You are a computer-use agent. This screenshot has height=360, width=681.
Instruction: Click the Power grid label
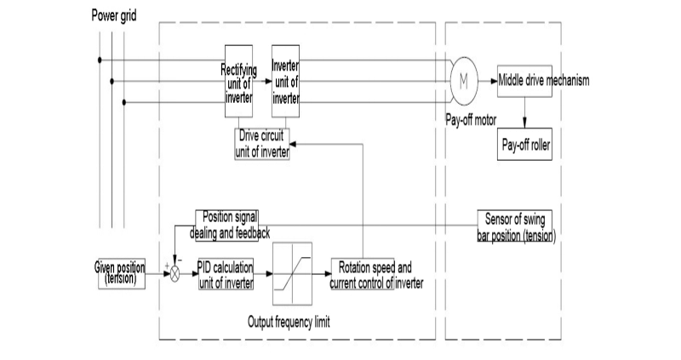[x=114, y=15]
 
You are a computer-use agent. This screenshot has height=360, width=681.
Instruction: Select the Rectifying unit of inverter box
[x=238, y=81]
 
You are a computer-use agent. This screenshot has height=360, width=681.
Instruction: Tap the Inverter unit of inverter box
[x=285, y=81]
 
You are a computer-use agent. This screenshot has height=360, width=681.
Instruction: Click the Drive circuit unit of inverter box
[x=262, y=144]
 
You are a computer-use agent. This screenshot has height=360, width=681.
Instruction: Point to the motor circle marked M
[x=464, y=81]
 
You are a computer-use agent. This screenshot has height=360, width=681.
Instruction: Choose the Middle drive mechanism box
[x=524, y=81]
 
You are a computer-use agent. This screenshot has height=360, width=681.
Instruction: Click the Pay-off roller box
[x=524, y=144]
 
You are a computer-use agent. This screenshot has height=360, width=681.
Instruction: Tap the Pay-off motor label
[x=471, y=120]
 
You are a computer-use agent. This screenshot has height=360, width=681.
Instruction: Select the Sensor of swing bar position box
[x=515, y=226]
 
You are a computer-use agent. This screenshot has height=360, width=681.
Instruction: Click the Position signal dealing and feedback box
[x=226, y=226]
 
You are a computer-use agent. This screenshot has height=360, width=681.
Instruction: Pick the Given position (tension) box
[x=122, y=273]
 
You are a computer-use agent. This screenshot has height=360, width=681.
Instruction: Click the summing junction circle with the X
[x=175, y=274]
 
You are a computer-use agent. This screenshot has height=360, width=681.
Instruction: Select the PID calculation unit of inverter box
[x=226, y=274]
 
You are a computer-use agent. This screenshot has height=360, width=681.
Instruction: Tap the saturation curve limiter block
[x=292, y=274]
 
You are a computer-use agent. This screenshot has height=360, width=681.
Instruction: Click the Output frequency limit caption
[x=289, y=323]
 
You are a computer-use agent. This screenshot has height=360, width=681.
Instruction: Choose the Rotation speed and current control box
[x=363, y=274]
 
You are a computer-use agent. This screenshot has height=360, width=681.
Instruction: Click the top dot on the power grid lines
[x=100, y=60]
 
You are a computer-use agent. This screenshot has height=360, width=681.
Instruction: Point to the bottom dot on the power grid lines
[x=124, y=102]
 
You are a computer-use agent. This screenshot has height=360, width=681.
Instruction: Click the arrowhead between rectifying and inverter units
[x=268, y=81]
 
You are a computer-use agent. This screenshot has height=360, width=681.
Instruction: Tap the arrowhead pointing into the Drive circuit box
[x=293, y=144]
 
